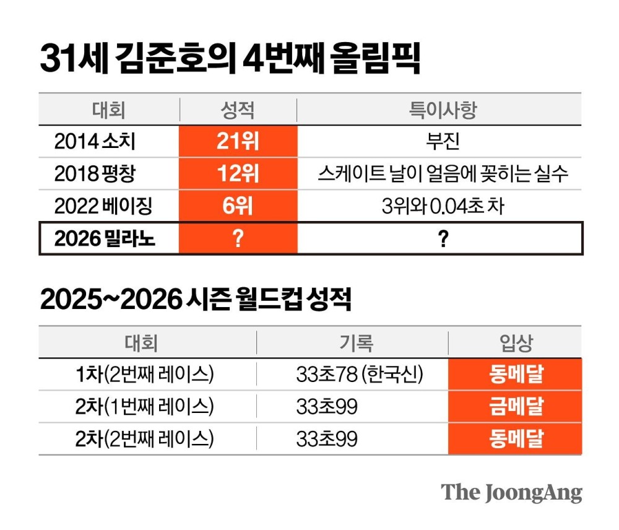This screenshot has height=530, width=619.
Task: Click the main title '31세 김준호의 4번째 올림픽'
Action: click(230, 59)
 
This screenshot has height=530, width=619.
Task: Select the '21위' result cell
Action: click(238, 142)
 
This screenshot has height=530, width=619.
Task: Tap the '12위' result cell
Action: click(238, 174)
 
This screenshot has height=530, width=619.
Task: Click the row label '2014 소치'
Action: click(95, 142)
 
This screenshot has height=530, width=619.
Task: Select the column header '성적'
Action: click(238, 110)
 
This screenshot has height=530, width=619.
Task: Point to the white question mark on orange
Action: click(238, 238)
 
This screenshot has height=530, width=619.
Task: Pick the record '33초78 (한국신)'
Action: click(359, 374)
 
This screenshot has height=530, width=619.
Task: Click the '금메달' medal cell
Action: click(516, 406)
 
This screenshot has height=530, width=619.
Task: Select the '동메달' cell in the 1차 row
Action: click(516, 374)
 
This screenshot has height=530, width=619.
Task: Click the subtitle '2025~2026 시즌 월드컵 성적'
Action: click(196, 300)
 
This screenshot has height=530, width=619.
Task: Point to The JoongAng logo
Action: click(511, 493)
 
